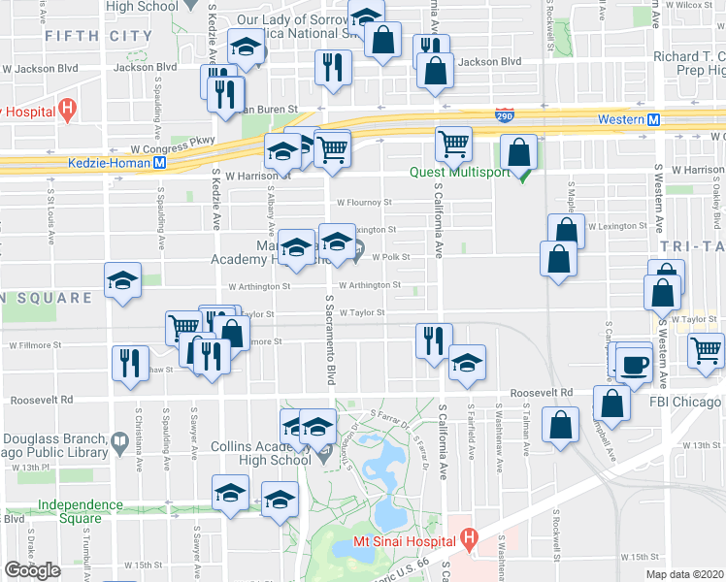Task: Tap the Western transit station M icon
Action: pyautogui.click(x=654, y=119)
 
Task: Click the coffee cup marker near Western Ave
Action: pyautogui.click(x=637, y=365)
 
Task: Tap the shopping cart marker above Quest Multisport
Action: pyautogui.click(x=453, y=145)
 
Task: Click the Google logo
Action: pyautogui.click(x=32, y=570)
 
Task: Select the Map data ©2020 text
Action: pyautogui.click(x=684, y=574)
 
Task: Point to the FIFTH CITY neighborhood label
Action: pyautogui.click(x=98, y=36)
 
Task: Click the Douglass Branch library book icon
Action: pyautogui.click(x=119, y=445)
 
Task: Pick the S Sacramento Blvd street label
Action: pyautogui.click(x=330, y=340)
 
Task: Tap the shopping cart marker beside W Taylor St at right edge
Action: pyautogui.click(x=706, y=350)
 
